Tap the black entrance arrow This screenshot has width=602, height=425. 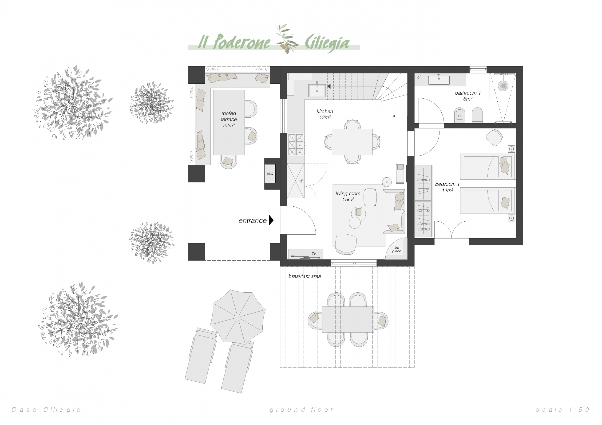[x=271, y=220]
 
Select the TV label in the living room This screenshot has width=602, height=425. [x=314, y=254]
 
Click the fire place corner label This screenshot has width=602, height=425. [x=397, y=249]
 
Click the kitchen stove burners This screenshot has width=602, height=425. [x=296, y=145]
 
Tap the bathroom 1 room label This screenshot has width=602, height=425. [x=467, y=96]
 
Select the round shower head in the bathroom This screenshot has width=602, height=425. [x=503, y=85]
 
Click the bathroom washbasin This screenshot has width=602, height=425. [x=439, y=80]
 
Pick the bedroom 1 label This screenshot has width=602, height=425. [x=447, y=187]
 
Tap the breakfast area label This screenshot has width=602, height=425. [x=305, y=276]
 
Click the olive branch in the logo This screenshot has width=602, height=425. [x=287, y=39]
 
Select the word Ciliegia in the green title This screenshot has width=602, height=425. [x=327, y=43]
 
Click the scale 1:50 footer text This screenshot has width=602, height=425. [x=563, y=410]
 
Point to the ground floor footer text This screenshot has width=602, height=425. [x=301, y=410]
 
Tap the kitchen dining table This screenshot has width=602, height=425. [x=352, y=142]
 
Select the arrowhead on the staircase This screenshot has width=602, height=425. [x=329, y=86]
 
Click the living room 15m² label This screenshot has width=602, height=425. [x=348, y=196]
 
